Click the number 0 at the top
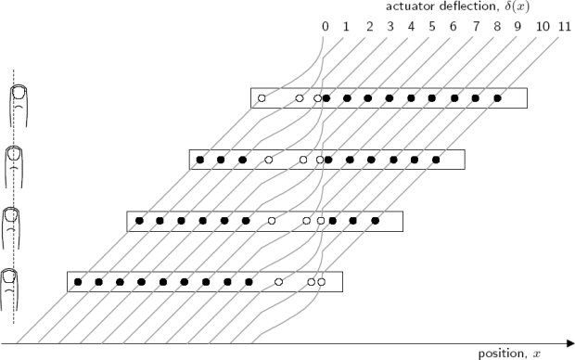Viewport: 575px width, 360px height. [325, 25]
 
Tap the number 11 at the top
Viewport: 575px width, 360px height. [565, 25]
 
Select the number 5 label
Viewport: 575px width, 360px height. [432, 25]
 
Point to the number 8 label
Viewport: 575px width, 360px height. [496, 25]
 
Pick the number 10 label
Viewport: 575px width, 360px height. [543, 25]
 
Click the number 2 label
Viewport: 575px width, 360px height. [368, 25]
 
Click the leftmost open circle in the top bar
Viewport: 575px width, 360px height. [262, 97]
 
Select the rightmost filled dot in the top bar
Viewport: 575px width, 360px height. [498, 97]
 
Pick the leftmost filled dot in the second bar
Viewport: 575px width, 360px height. [199, 161]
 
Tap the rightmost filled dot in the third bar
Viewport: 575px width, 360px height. [376, 221]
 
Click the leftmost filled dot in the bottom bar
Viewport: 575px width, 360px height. [78, 280]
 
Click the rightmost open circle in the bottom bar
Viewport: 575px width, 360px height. [322, 280]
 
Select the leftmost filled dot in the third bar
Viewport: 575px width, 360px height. [139, 221]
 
